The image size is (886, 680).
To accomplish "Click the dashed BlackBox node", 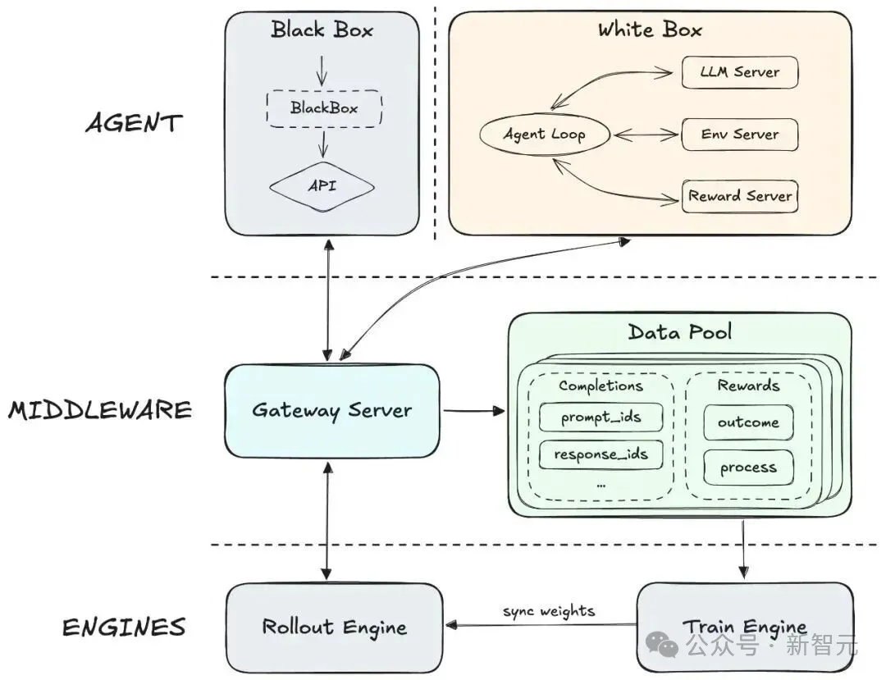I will (324, 107).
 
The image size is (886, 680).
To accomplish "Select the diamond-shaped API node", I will (322, 185).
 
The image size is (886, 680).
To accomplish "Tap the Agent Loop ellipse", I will (545, 134).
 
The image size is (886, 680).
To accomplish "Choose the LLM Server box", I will (740, 72).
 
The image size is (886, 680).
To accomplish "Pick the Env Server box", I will (740, 134).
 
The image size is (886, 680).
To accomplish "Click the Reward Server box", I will (740, 196).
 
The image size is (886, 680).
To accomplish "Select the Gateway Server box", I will (331, 410).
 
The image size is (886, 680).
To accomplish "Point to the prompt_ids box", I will (601, 418).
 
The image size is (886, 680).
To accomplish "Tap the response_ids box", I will (601, 454).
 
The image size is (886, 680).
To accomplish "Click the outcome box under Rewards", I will (748, 422).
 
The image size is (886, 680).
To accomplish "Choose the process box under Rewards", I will (748, 468).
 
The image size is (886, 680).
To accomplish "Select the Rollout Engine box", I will (334, 628).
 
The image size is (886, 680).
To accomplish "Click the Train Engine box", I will (744, 628).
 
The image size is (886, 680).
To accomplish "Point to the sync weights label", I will (549, 611).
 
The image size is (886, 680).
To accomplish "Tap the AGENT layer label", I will (134, 124).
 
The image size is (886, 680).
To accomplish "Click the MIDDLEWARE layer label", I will (100, 410).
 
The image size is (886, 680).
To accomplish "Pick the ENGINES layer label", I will (124, 628).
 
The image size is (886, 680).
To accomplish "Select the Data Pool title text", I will (680, 332).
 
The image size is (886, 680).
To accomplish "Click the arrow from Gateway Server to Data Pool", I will (473, 409).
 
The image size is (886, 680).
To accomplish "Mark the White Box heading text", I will (650, 30).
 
